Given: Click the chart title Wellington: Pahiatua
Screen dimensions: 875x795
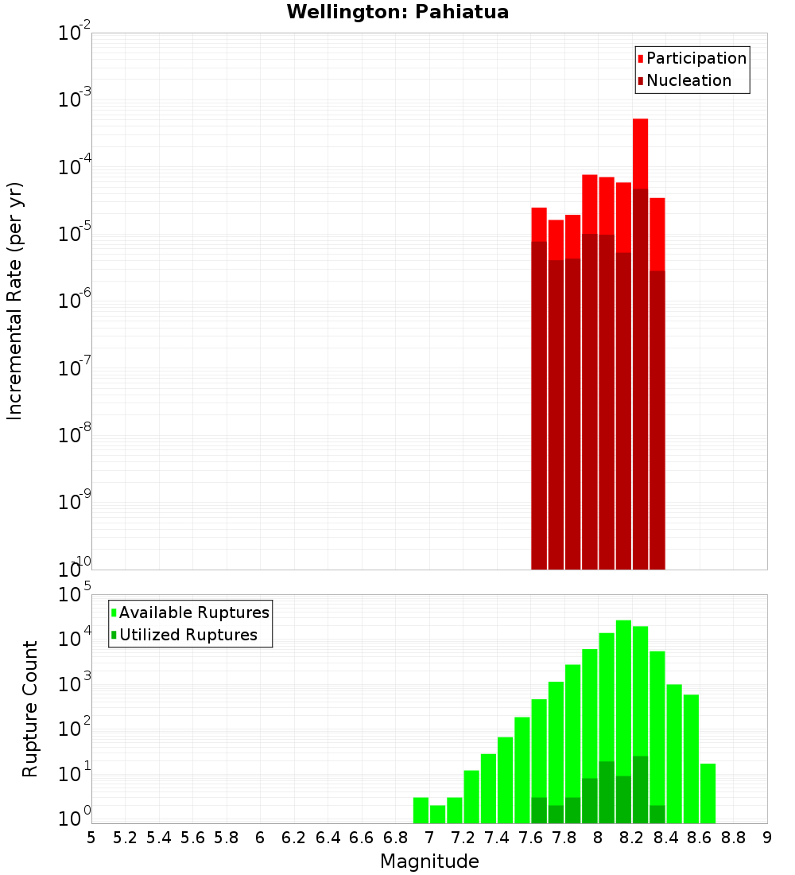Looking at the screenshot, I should click(397, 12).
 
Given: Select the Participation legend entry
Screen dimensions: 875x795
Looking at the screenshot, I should click(696, 58).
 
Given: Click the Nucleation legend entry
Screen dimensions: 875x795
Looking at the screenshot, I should click(688, 80).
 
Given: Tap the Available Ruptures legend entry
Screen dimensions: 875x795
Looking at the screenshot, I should click(193, 612).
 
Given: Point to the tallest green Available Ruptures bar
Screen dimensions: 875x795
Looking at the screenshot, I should click(623, 716).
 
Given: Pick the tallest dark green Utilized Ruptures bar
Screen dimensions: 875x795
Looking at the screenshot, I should click(640, 787).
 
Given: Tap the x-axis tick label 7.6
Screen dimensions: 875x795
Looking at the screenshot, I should click(530, 837).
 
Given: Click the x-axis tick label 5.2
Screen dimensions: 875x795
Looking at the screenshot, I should click(125, 837).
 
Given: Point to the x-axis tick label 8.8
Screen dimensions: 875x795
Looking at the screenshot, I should click(733, 837).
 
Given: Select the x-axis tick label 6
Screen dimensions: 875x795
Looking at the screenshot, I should click(260, 837).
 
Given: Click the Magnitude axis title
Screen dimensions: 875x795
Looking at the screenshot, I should click(429, 861).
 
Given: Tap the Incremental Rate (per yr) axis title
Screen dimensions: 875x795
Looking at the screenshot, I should click(16, 301).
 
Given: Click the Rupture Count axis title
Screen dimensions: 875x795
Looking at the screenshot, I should click(30, 708).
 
